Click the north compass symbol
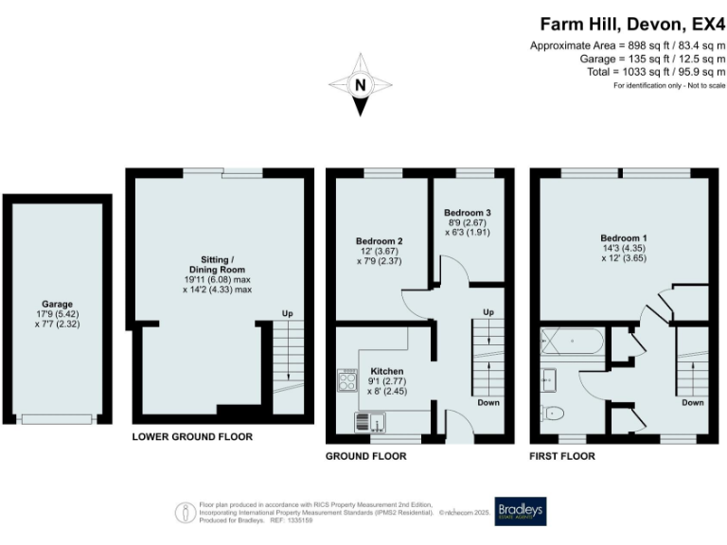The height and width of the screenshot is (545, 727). [x=359, y=85]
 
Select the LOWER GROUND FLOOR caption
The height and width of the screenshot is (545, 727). [x=192, y=438]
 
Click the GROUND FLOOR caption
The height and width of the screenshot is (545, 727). [x=365, y=456]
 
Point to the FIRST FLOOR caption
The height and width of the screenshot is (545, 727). [x=562, y=456]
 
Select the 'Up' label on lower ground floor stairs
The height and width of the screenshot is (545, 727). [x=287, y=314]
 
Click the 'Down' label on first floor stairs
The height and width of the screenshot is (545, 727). [x=692, y=402]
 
